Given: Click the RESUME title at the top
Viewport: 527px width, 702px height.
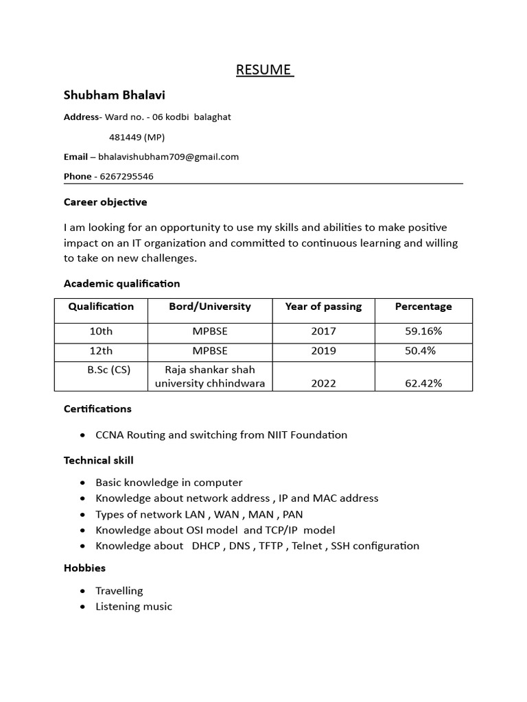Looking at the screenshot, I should point(264,70).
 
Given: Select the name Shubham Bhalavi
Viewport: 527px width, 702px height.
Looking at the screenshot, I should point(115,95).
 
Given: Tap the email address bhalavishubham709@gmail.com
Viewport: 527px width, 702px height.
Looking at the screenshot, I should point(168,156).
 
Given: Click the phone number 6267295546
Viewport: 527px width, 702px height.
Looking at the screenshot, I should point(126,176).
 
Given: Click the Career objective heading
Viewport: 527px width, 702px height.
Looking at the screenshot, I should point(105,202).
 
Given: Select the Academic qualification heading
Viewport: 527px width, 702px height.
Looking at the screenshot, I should point(121,283).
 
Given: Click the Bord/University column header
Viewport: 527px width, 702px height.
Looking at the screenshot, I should point(210,306).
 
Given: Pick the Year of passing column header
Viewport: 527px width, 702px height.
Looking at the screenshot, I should point(323,306).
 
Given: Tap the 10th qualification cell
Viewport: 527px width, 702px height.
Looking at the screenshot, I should point(101,331).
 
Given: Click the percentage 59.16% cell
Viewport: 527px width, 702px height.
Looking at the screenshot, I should point(423,331).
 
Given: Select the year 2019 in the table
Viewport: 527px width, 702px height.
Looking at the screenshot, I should point(323,351).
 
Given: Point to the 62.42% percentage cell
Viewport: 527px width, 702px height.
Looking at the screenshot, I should point(423,383).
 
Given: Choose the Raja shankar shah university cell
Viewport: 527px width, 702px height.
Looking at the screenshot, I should point(210,376).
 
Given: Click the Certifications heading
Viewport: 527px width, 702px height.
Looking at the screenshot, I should point(97,409).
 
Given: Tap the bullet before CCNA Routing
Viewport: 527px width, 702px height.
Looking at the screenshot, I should point(83,435).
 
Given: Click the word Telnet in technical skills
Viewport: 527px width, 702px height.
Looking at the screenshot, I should point(307,546).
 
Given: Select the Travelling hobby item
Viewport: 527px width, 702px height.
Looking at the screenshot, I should point(119,590).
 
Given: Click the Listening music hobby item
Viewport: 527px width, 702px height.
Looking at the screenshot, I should point(134,606).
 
